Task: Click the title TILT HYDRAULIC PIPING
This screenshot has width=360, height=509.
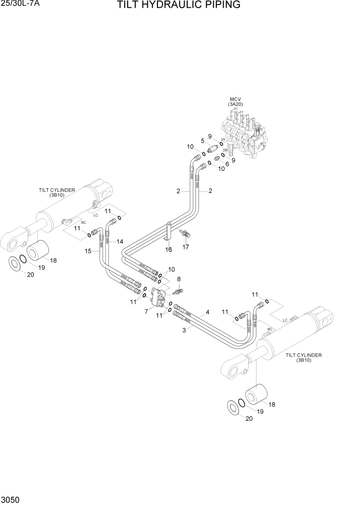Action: point(178,6)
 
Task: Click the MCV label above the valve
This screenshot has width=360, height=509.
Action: point(235,99)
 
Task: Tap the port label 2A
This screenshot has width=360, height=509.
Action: point(223,139)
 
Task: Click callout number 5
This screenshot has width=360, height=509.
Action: point(203,141)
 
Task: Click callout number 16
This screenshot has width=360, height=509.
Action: point(168,249)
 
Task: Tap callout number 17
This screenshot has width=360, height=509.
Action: point(186,247)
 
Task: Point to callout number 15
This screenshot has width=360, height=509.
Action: point(88,251)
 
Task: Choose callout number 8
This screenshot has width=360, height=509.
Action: point(178,280)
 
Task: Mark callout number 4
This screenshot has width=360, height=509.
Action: point(207,311)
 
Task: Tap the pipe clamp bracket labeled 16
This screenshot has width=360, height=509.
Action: point(169,231)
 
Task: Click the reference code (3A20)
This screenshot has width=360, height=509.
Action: point(235,104)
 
